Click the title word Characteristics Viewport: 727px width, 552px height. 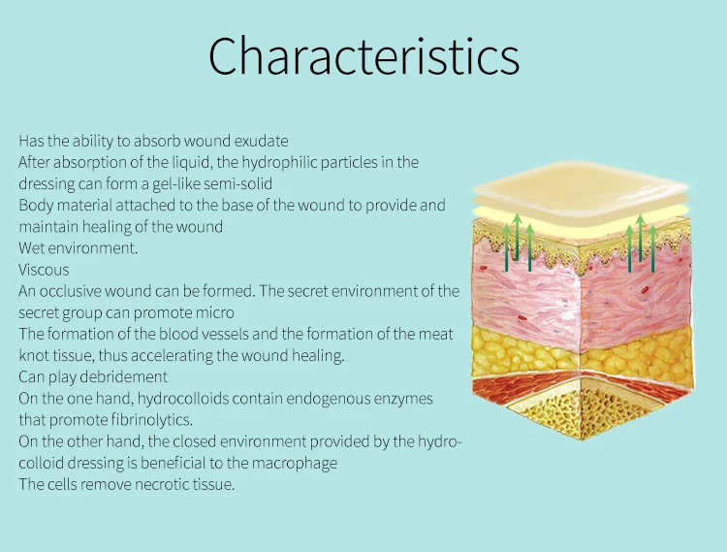pos(363,55)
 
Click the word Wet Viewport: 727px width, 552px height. pos(32,248)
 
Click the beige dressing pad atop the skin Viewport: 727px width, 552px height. pos(580,185)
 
